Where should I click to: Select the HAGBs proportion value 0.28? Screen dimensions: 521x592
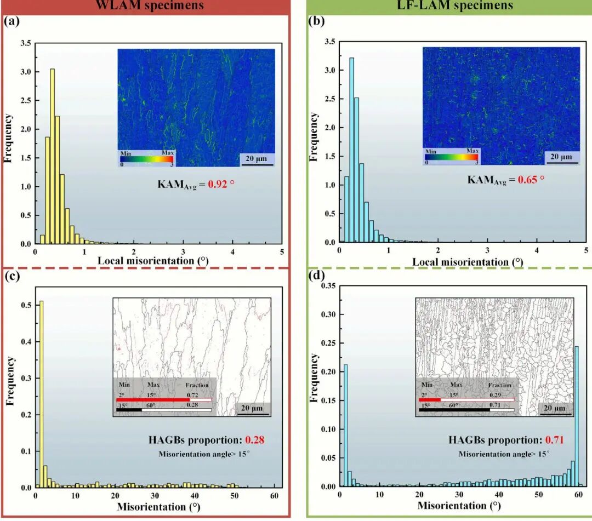(255, 439)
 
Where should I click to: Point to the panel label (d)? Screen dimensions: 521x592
(316, 276)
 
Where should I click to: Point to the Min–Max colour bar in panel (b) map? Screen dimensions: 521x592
(451, 157)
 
